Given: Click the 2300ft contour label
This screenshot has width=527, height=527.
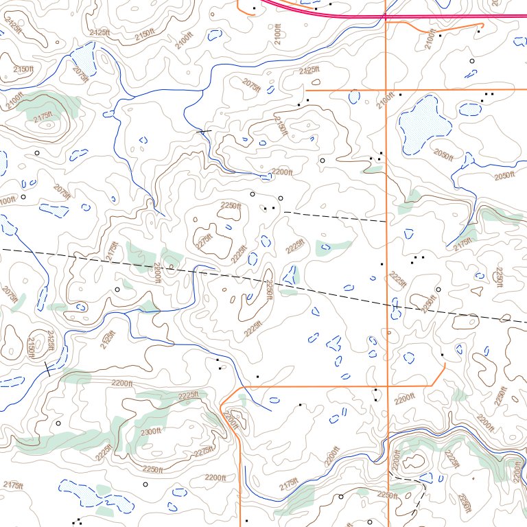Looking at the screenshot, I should click(x=150, y=431).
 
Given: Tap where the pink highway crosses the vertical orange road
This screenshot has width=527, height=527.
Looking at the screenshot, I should click(x=386, y=14).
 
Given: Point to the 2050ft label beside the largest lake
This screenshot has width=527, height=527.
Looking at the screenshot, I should click(x=443, y=154).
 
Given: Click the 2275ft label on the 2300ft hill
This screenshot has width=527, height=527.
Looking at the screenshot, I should click(x=204, y=452).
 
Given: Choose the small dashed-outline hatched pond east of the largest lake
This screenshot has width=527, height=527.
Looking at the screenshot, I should click(x=469, y=109).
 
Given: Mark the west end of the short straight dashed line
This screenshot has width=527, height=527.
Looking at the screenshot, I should click(x=285, y=212).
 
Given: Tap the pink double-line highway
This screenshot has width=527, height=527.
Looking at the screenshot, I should click(x=446, y=15).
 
